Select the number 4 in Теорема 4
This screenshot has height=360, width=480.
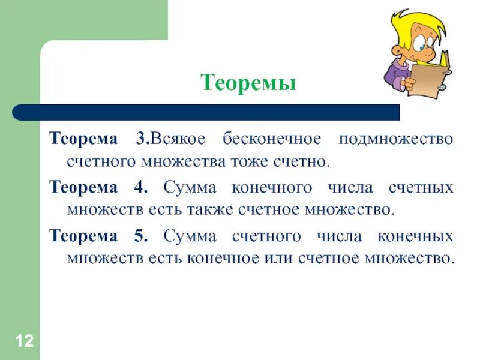141,187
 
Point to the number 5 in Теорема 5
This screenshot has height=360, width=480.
141,236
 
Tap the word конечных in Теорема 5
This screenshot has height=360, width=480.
415,236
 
